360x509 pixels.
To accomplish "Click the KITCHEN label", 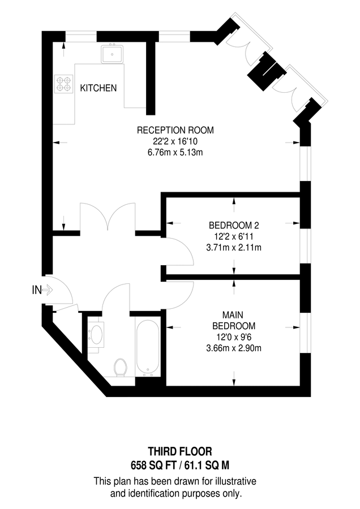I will pos(98,88).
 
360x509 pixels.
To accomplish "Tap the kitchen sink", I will pos(112,55).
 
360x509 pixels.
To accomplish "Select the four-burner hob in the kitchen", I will pos(64,84).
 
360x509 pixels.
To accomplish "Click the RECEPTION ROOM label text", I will pos(175,131).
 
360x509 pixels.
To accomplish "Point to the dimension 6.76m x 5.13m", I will pos(175,152).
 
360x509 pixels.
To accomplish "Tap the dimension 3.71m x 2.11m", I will pos(233,247).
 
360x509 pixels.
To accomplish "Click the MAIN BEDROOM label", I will pos(233,321).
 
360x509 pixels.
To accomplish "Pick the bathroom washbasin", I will pos(96,334).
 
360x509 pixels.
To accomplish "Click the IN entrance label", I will pos(37,290).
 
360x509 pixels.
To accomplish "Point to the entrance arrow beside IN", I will pos(48,290).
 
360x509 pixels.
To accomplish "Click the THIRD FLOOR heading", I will pos(180,452).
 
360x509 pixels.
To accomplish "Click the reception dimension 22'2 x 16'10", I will pos(175,141).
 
